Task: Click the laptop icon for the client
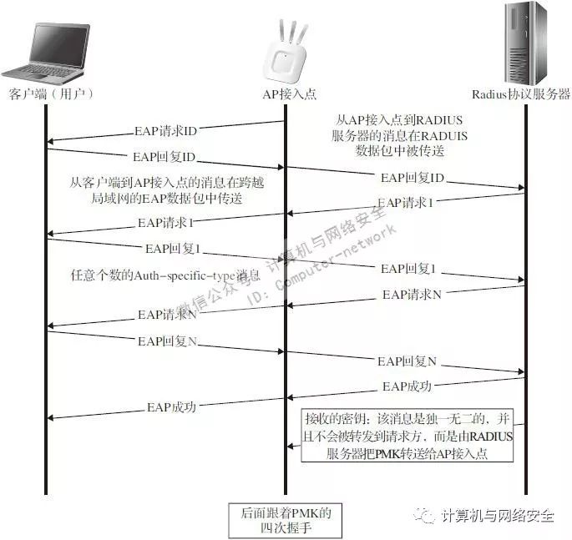click(x=48, y=50)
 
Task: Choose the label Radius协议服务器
click(x=520, y=95)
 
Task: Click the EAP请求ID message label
click(x=165, y=131)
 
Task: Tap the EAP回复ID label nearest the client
click(x=164, y=157)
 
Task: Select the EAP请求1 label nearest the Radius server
click(x=405, y=203)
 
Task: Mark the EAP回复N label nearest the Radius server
click(x=407, y=361)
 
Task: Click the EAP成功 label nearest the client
click(x=171, y=407)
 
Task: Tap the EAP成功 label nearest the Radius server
click(x=407, y=386)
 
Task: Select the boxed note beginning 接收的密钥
click(x=408, y=435)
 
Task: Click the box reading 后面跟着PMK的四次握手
click(x=286, y=520)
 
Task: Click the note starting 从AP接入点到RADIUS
click(x=387, y=136)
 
